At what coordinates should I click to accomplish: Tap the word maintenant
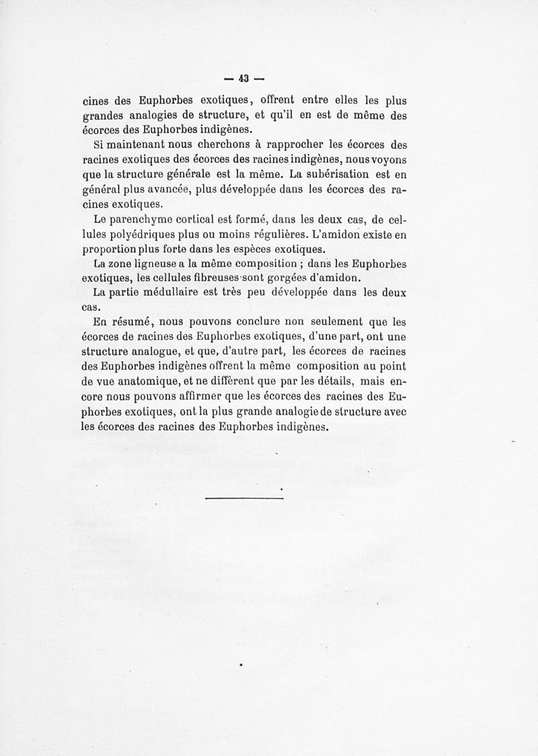(x=137, y=145)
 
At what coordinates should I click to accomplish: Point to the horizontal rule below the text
(x=244, y=498)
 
